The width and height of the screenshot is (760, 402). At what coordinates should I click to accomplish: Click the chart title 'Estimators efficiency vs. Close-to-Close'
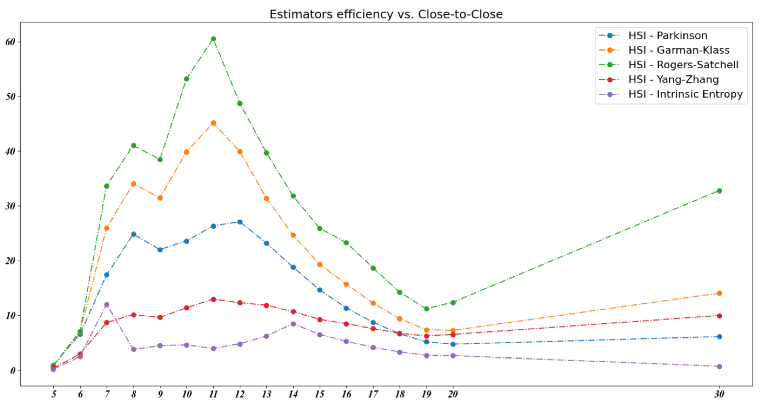[386, 14]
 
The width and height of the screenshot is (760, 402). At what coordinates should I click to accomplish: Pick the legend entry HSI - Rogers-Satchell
[683, 65]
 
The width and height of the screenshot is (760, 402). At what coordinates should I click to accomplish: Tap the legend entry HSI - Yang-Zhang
[673, 80]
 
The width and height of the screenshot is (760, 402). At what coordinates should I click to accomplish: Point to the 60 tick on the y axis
[10, 42]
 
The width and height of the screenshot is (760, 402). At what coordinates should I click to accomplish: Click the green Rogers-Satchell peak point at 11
[213, 39]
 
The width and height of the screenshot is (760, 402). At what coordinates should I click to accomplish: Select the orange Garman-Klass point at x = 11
[213, 123]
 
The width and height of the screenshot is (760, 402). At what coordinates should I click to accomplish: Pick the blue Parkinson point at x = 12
[240, 222]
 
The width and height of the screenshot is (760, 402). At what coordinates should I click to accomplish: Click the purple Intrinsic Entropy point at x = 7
[107, 305]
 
